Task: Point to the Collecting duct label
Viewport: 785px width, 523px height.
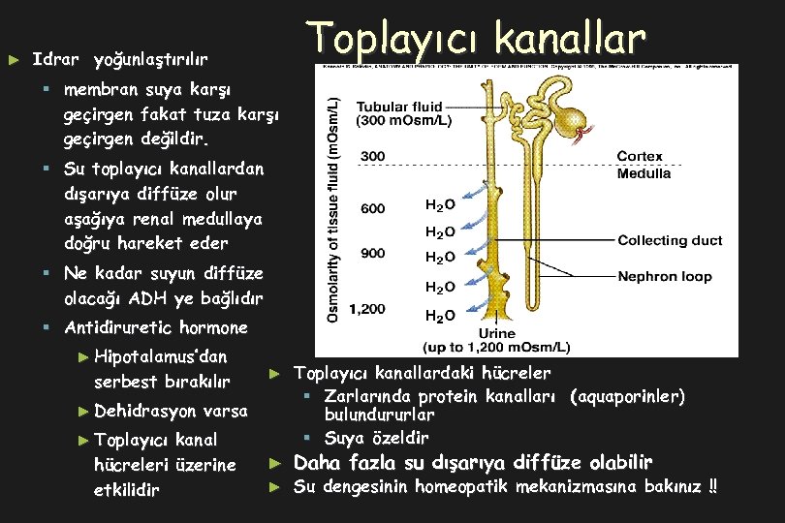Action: click(x=670, y=240)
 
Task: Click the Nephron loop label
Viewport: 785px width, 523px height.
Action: click(x=665, y=276)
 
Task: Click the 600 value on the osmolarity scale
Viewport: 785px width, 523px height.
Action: click(x=372, y=208)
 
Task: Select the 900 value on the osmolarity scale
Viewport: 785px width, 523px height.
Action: click(x=372, y=254)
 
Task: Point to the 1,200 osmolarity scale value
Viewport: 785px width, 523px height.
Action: click(x=367, y=309)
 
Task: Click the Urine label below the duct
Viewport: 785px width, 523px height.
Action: click(x=497, y=334)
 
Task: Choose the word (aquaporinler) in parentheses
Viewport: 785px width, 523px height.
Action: click(x=627, y=397)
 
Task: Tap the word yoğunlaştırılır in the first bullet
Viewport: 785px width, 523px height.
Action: click(x=149, y=60)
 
